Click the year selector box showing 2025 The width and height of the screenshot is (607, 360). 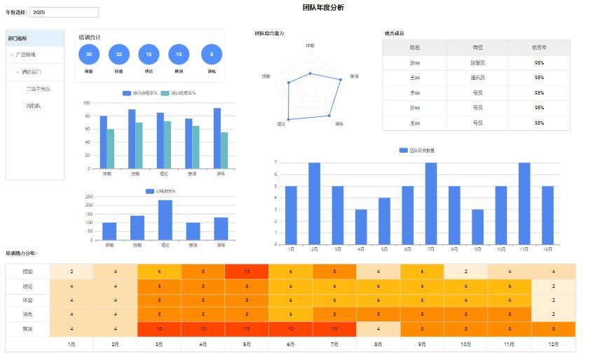point(64,12)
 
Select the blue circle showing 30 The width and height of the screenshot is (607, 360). point(89,54)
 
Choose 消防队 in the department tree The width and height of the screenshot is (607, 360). point(34,106)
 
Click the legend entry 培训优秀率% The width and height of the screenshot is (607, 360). point(178,93)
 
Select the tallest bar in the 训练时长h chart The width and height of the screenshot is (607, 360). point(165,220)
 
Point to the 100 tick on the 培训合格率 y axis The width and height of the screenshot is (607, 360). point(86,103)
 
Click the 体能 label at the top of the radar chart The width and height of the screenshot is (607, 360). point(310,45)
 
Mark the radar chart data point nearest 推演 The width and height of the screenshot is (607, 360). point(341,80)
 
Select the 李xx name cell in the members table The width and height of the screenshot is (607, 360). point(415,92)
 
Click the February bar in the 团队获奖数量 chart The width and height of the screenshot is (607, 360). point(314,203)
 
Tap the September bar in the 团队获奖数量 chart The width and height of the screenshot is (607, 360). point(477,226)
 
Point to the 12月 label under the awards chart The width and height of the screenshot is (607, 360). point(547,249)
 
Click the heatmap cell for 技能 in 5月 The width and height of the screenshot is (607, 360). point(247,271)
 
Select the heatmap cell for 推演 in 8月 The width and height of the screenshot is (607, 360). point(378,328)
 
